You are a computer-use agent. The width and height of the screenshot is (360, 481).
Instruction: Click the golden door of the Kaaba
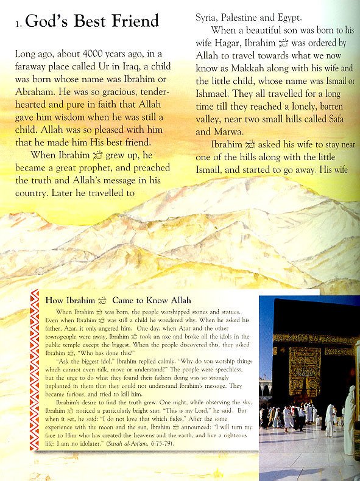(x=305, y=370)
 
